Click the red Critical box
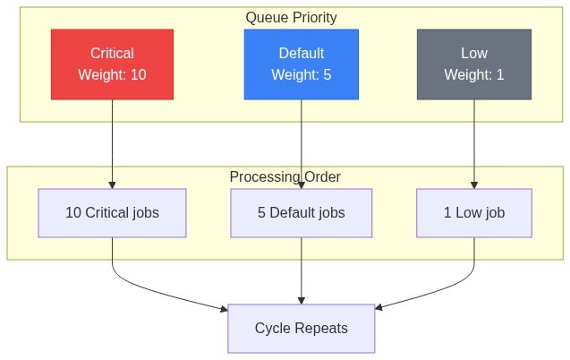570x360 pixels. [112, 64]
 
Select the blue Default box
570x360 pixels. [301, 64]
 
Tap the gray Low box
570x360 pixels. [473, 64]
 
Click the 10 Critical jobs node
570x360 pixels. [112, 213]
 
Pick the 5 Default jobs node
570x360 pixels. [301, 213]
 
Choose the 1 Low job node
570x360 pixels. [473, 213]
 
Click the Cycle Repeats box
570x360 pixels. [301, 329]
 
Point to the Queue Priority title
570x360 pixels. [291, 17]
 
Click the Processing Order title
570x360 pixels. [285, 176]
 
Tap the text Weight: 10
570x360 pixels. [112, 75]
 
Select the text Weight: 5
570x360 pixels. [301, 75]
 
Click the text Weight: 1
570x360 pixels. [473, 75]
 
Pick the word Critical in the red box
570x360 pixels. [112, 54]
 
